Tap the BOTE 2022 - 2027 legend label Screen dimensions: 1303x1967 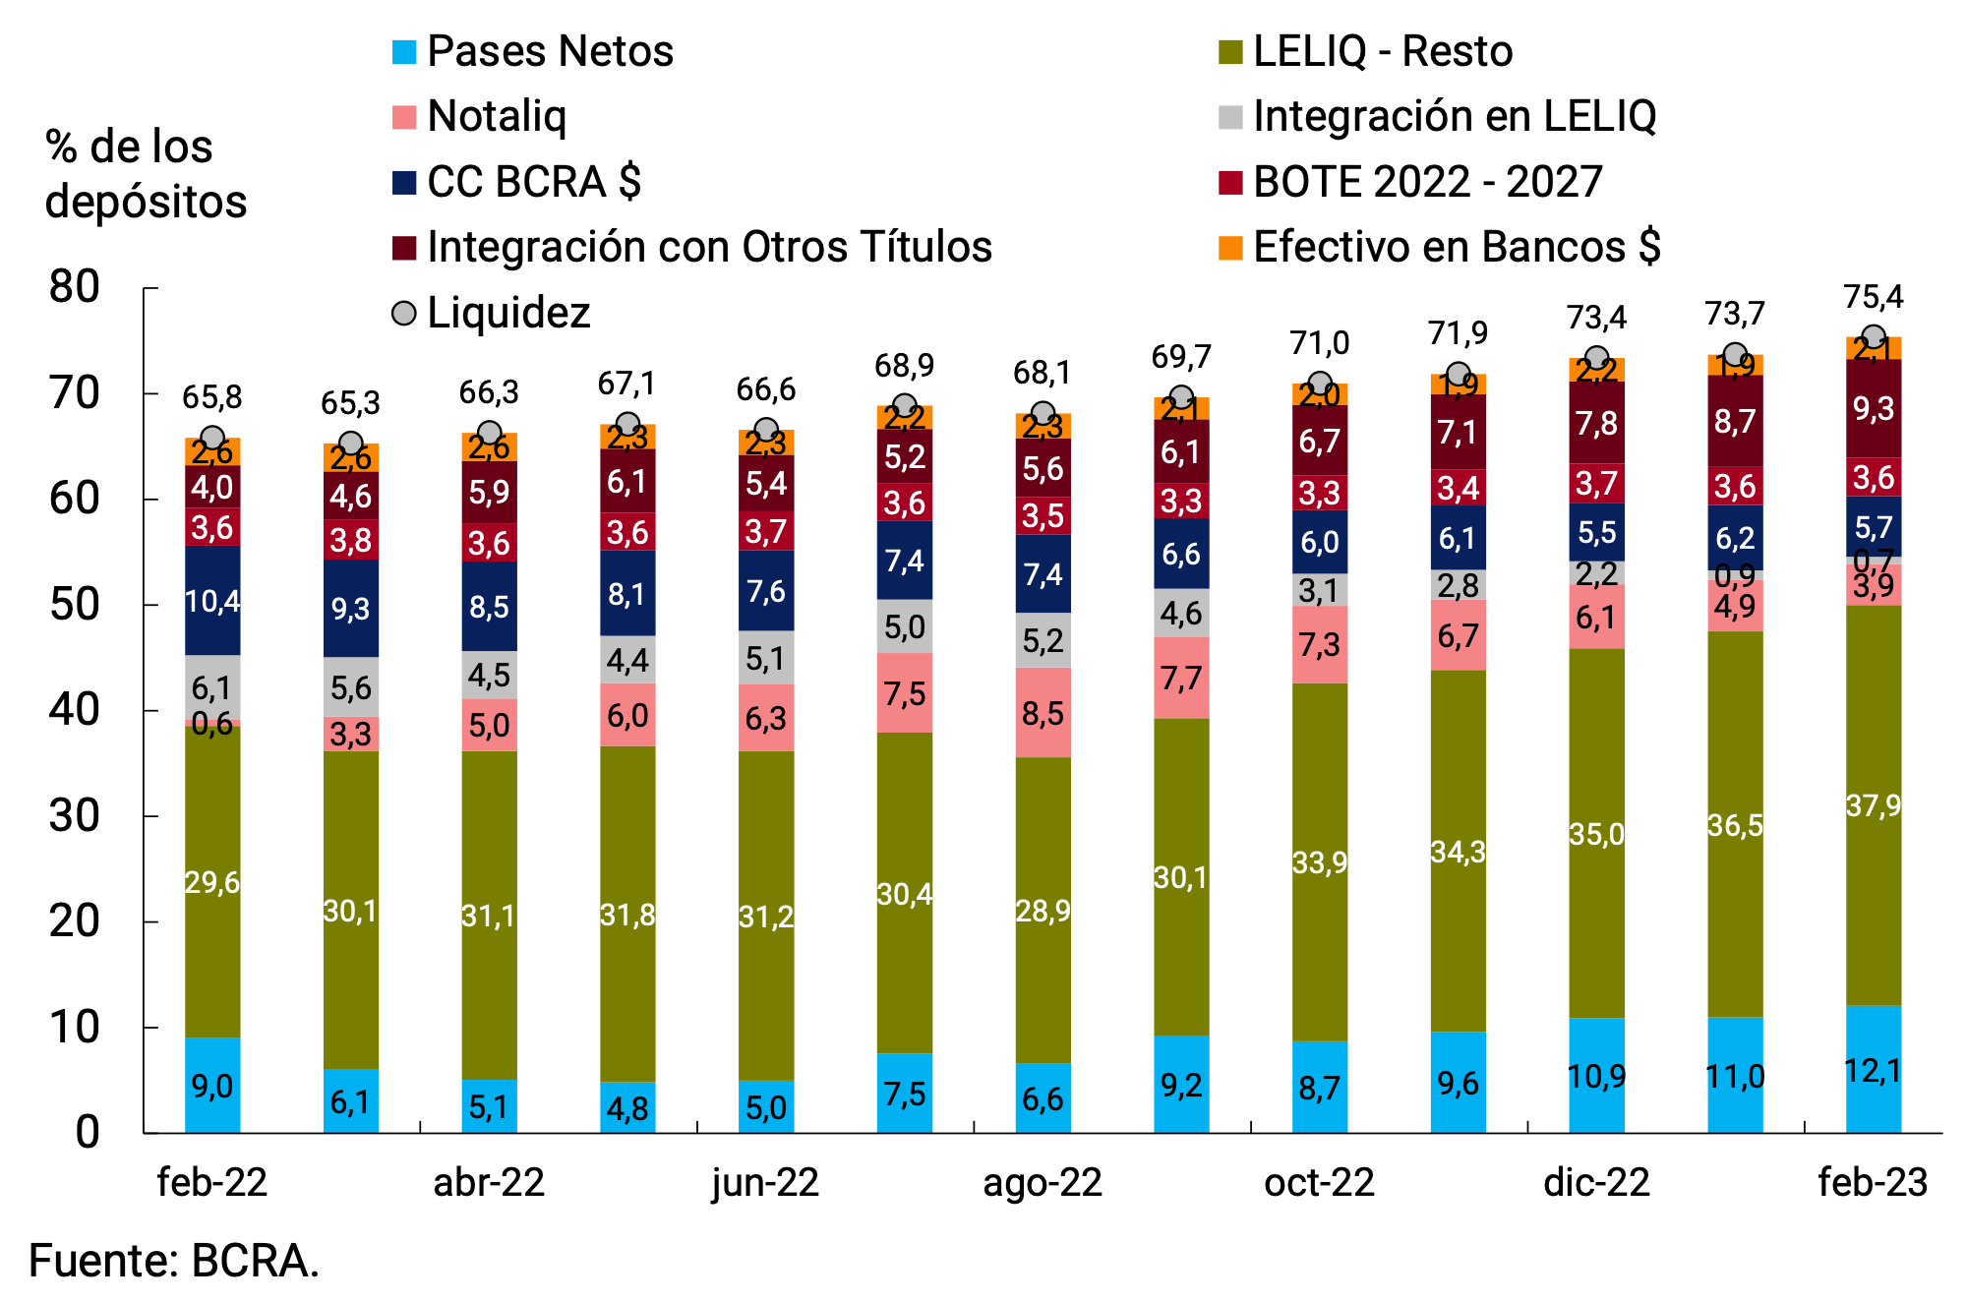[1426, 182]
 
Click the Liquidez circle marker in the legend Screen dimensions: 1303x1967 [404, 313]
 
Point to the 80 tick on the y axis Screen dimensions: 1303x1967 [75, 287]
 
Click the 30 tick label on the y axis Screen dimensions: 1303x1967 [75, 816]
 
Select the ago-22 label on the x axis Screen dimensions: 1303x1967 [1043, 1182]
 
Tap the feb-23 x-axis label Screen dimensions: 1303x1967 [1872, 1182]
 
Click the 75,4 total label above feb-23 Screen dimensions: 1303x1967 [1873, 296]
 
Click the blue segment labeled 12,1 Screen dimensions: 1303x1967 [1873, 1069]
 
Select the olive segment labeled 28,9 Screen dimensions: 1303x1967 [1043, 910]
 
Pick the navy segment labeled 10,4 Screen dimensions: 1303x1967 [212, 600]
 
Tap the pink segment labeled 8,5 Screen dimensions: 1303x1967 [1043, 712]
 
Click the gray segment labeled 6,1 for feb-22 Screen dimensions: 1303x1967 [212, 686]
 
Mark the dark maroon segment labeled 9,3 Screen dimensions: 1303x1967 [1873, 408]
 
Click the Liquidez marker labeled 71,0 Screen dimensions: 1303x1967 [1320, 384]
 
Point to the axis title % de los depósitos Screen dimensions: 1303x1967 [145, 174]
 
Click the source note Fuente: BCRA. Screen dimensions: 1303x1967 [174, 1261]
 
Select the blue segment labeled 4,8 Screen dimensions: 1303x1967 [627, 1107]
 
